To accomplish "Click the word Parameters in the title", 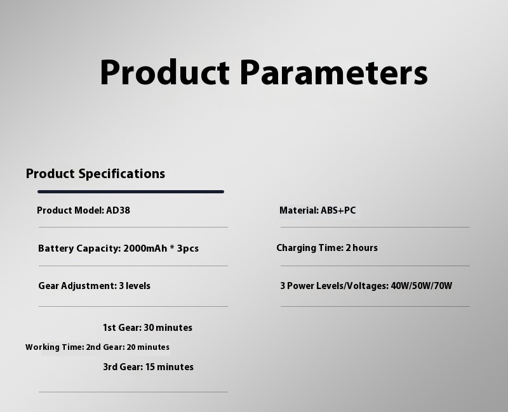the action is click(334, 72).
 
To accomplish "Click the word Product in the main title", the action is click(165, 72).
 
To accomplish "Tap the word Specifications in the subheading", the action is click(122, 174).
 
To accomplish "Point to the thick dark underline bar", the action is click(131, 192).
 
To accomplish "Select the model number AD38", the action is click(118, 210).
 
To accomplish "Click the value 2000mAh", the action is click(145, 248).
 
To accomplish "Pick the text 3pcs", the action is click(188, 248).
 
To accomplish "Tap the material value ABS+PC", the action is click(338, 210).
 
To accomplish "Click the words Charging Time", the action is click(310, 248).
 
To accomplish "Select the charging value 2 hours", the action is click(361, 248).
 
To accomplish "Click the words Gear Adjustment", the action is click(77, 286).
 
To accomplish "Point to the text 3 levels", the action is click(135, 286).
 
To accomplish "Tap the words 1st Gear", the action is click(122, 328).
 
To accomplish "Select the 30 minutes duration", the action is click(168, 328).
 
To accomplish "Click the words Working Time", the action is click(55, 347).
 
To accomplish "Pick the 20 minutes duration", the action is click(148, 347).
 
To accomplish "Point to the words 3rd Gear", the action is click(123, 367).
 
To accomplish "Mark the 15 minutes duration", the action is click(170, 367).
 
